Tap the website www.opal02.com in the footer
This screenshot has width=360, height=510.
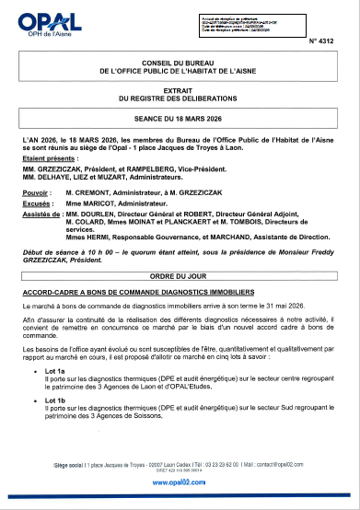(180, 481)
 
